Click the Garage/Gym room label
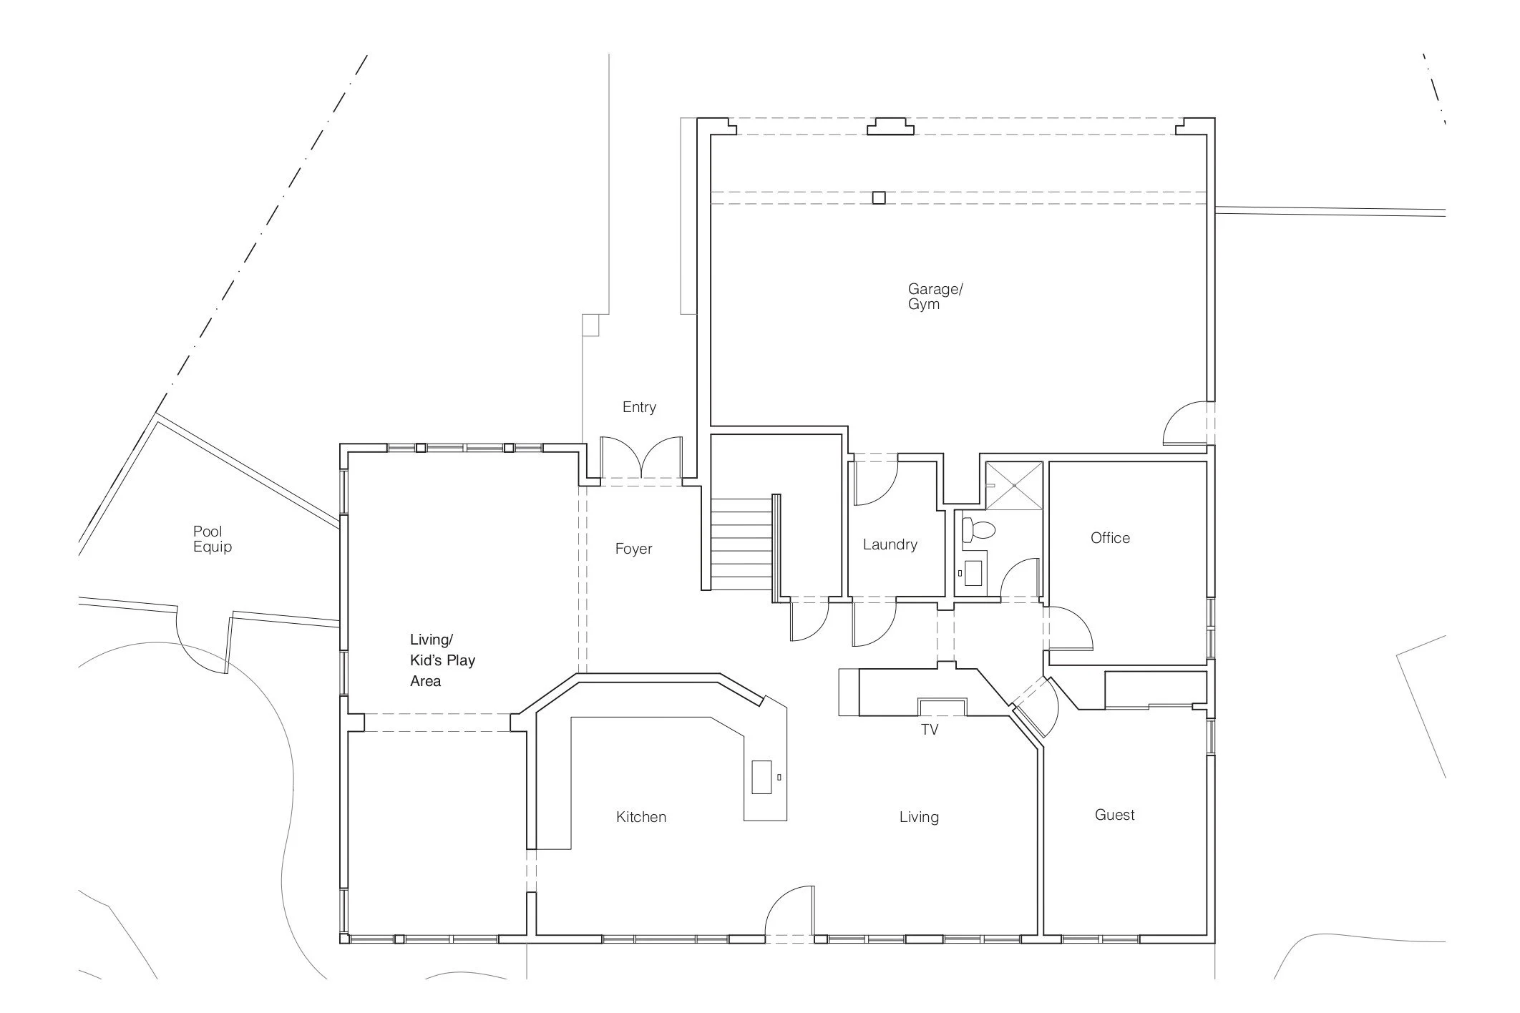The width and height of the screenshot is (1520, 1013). point(935,296)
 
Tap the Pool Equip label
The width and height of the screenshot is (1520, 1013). point(213,539)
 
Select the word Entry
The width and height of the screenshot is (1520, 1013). point(639,407)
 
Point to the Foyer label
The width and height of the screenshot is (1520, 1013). point(633,549)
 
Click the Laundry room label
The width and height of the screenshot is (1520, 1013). point(890,545)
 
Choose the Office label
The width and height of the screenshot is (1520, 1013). point(1110,538)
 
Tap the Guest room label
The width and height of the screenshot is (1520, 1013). point(1114,815)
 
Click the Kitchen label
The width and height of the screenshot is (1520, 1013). point(640,817)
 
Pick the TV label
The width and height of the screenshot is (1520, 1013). point(930,730)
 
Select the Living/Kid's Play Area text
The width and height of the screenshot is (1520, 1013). point(442,660)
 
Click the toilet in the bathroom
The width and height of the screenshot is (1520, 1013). point(979,530)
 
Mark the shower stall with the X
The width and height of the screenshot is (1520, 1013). point(1014,486)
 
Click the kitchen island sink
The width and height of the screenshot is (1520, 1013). point(761,777)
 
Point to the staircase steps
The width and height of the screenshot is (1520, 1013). point(741,544)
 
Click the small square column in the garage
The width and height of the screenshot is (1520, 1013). point(879,198)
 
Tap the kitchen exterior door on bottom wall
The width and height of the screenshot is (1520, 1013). point(789,910)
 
